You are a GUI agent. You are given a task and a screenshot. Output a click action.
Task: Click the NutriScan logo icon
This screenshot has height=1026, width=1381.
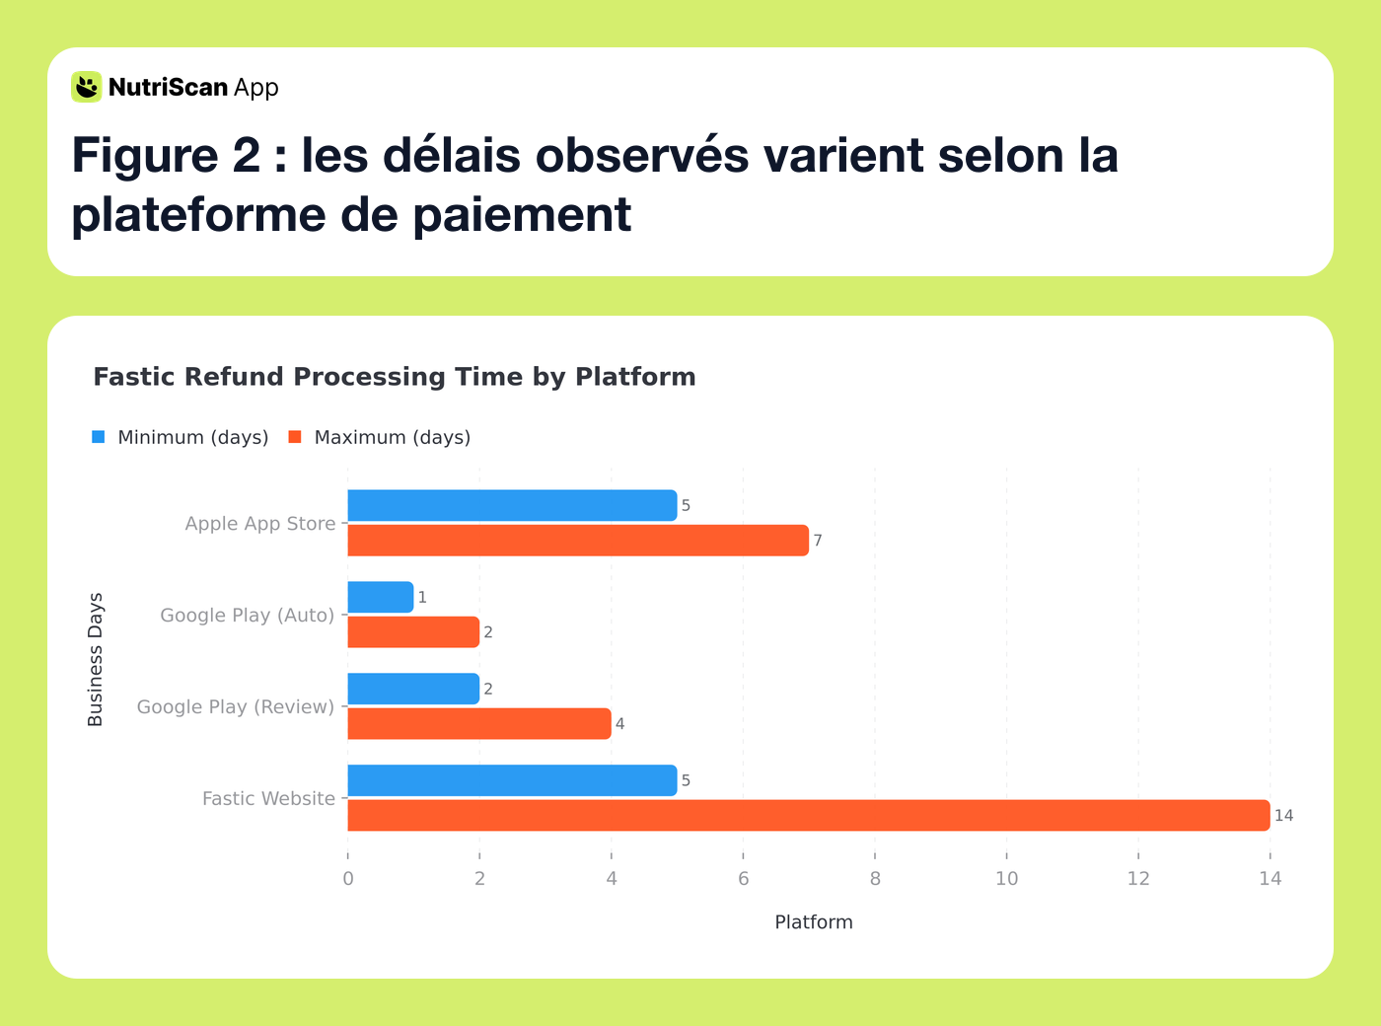(87, 87)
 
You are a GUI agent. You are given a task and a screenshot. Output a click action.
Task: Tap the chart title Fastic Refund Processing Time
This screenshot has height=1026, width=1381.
(395, 377)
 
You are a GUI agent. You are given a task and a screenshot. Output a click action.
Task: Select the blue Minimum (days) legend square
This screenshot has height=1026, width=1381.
(99, 437)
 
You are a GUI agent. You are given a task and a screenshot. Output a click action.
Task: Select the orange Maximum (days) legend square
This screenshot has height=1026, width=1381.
(295, 437)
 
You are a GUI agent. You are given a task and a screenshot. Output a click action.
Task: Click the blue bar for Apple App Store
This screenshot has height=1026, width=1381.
(512, 505)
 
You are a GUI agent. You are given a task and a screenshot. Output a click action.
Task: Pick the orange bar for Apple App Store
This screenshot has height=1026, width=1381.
(578, 541)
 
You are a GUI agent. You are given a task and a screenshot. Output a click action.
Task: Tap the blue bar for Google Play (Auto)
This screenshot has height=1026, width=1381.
(381, 597)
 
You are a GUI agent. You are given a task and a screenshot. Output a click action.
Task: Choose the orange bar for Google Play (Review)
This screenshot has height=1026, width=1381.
(479, 724)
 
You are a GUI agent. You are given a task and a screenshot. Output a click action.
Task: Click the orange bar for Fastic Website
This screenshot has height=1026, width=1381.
(809, 816)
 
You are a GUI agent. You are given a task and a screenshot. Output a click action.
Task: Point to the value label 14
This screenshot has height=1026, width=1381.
(1283, 816)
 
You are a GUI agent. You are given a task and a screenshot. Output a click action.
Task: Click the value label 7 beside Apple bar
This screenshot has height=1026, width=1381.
(818, 541)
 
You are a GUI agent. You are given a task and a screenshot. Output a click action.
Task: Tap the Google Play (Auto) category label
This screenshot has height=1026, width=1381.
(248, 616)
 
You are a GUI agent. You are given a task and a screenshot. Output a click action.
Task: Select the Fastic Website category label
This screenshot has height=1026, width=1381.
(268, 799)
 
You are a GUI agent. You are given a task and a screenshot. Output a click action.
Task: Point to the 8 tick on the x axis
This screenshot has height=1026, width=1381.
(875, 878)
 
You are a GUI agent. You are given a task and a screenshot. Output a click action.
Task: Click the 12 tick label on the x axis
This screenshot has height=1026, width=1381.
(1138, 878)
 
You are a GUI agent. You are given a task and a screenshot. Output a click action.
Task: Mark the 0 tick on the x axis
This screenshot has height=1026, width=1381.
(348, 878)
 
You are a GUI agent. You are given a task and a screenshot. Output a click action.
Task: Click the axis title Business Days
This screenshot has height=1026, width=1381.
(96, 660)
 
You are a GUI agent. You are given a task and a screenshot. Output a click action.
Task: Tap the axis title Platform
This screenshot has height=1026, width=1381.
(813, 922)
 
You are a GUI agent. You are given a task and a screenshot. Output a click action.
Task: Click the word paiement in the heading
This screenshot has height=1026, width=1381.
(522, 215)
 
